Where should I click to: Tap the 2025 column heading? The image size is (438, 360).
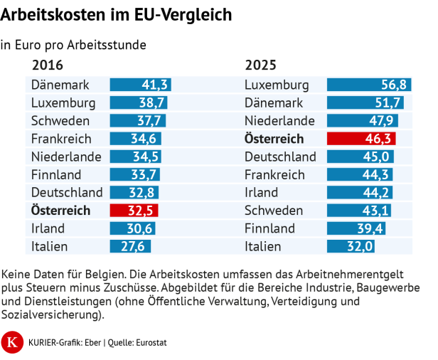[261, 65]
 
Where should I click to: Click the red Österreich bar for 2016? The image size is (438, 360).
[134, 211]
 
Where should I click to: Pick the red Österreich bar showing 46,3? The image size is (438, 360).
[361, 139]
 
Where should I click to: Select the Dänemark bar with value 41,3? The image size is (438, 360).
[140, 85]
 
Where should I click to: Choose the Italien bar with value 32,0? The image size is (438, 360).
[351, 247]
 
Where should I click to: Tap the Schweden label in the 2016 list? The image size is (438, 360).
[60, 120]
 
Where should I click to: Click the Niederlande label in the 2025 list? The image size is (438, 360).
[279, 120]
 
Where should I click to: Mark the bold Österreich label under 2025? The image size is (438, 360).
[274, 139]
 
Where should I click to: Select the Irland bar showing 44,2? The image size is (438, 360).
[359, 193]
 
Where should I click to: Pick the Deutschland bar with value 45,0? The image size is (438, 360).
[360, 157]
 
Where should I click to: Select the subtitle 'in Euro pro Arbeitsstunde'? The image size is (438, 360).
[73, 44]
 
